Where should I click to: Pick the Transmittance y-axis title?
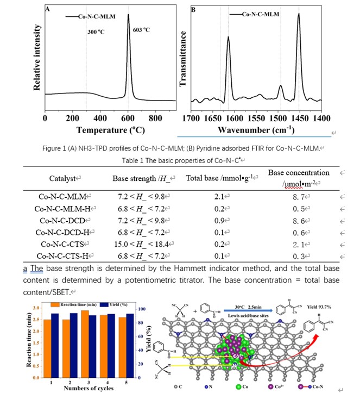tap(183, 60)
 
